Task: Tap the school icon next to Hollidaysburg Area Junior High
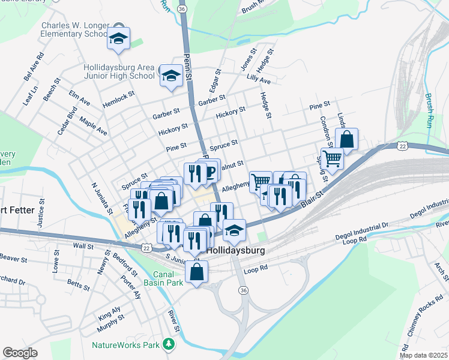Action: coord(172,76)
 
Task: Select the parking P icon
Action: coord(210,172)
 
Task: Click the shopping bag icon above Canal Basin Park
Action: coord(196,272)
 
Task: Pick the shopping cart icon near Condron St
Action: coord(332,158)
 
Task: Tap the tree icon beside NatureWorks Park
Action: coord(170,344)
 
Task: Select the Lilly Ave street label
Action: coord(259,80)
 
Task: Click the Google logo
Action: coord(20,353)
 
